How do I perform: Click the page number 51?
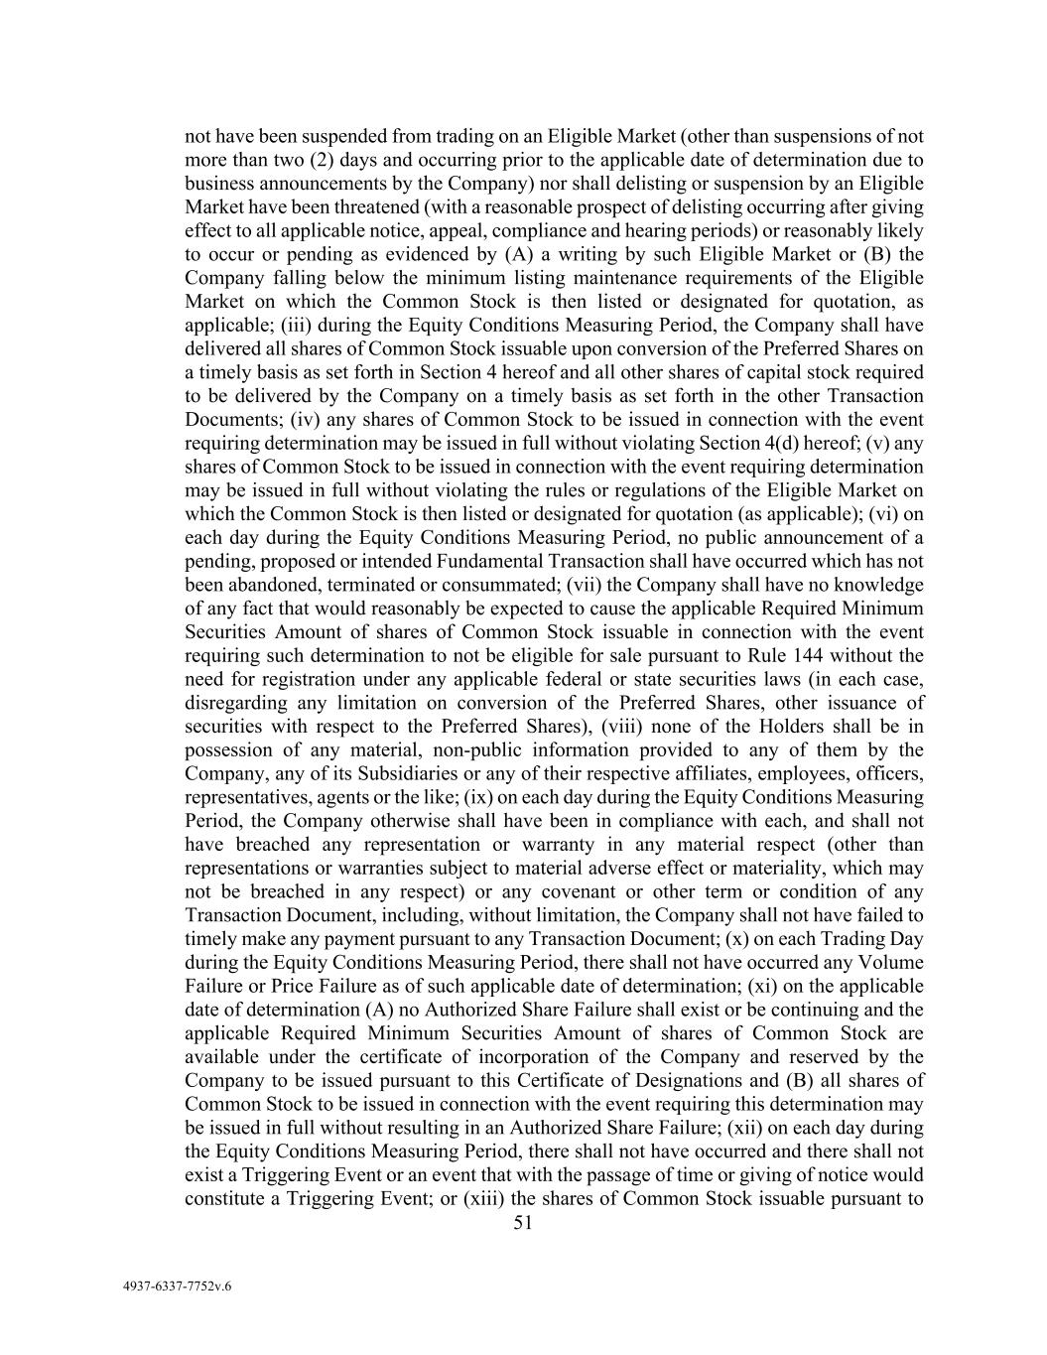(523, 1223)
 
